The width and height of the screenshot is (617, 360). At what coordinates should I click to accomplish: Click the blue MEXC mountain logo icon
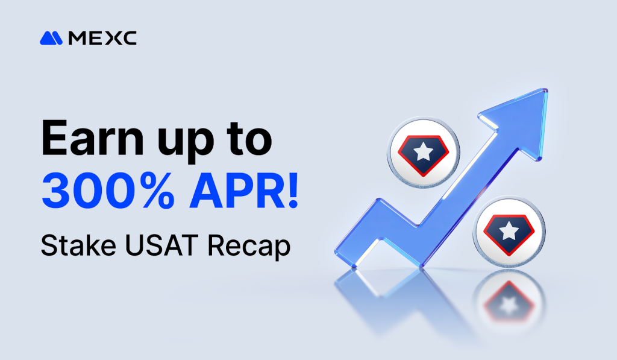point(51,38)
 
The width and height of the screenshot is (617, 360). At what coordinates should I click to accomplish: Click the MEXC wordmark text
point(102,38)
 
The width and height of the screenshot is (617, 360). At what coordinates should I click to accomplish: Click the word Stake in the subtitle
point(67,245)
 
